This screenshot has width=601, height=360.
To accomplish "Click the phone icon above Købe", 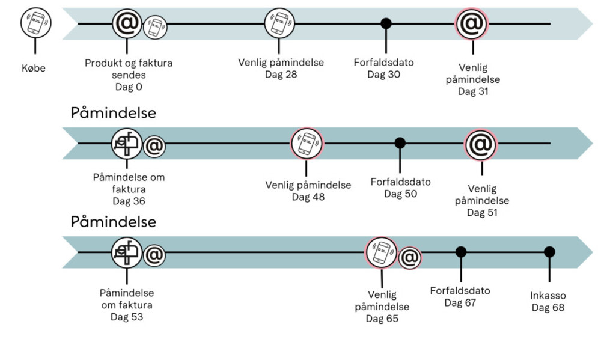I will [x=35, y=23].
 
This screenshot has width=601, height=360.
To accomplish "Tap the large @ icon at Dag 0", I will [x=127, y=23].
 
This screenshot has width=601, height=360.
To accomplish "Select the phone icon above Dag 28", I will [x=280, y=23].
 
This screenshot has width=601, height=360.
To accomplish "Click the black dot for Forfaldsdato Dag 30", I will [x=386, y=23].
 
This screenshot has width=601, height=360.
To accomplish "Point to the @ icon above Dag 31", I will [x=472, y=24].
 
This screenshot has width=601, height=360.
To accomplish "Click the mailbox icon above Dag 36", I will [x=127, y=144].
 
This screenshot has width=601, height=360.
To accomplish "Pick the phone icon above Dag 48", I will [x=307, y=144].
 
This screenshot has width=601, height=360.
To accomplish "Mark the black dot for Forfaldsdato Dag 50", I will [x=400, y=143].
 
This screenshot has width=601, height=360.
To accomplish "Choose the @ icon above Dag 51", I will [x=481, y=145].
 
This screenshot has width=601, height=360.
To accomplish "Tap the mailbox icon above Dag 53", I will [x=127, y=252].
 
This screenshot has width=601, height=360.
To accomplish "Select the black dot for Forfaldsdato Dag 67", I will [x=461, y=252].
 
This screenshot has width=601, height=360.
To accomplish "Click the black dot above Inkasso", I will [x=549, y=252].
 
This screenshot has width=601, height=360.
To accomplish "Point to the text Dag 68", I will [x=548, y=308].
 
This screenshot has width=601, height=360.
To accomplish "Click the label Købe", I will [x=34, y=68].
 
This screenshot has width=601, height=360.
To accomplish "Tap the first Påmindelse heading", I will [x=114, y=113].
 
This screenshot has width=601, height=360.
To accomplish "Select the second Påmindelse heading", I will [x=114, y=221].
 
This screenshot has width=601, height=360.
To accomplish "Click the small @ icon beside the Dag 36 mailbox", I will [x=154, y=146].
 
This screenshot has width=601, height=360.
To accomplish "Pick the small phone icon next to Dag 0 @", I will [x=156, y=26].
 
